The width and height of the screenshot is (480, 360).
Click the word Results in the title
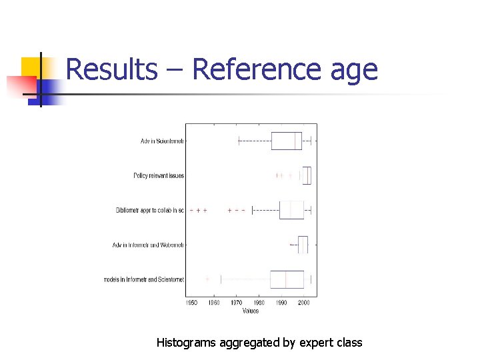tap(111, 69)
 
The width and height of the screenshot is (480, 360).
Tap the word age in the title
tap(353, 69)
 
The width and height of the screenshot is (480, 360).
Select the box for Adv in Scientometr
tap(287, 141)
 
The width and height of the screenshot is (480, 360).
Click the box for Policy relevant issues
tap(307, 175)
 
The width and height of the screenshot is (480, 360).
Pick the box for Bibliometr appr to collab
tap(291, 210)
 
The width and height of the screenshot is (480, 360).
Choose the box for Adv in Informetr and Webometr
tap(303, 245)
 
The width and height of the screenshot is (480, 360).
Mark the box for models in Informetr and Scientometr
tap(287, 279)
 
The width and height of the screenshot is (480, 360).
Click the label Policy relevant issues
tap(159, 175)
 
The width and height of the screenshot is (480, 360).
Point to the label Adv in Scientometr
tap(162, 141)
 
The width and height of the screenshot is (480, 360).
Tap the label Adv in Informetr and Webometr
tap(148, 245)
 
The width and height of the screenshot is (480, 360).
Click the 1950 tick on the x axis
tap(191, 303)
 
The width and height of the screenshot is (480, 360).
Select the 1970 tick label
tap(236, 303)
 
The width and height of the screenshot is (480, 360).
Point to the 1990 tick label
tap(281, 303)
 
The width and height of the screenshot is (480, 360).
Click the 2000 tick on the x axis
tap(304, 303)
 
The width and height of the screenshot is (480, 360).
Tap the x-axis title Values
tap(251, 311)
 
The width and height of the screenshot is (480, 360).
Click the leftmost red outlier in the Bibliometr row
tap(191, 210)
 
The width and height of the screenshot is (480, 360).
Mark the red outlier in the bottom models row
tap(207, 279)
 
